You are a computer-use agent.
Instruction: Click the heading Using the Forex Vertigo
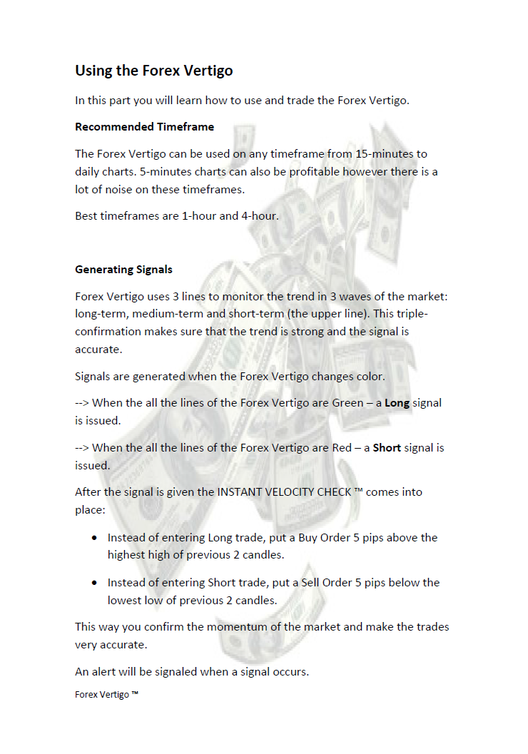click(154, 71)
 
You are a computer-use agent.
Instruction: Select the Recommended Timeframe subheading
click(144, 127)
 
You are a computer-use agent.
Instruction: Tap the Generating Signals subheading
click(123, 270)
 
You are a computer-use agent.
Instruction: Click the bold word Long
click(397, 403)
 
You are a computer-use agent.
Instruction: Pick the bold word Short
click(387, 448)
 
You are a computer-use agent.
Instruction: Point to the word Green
click(347, 403)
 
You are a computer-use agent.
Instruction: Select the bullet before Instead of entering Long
click(94, 538)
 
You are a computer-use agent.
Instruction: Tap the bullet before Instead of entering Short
click(94, 583)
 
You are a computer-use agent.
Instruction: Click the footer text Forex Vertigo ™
click(106, 694)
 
